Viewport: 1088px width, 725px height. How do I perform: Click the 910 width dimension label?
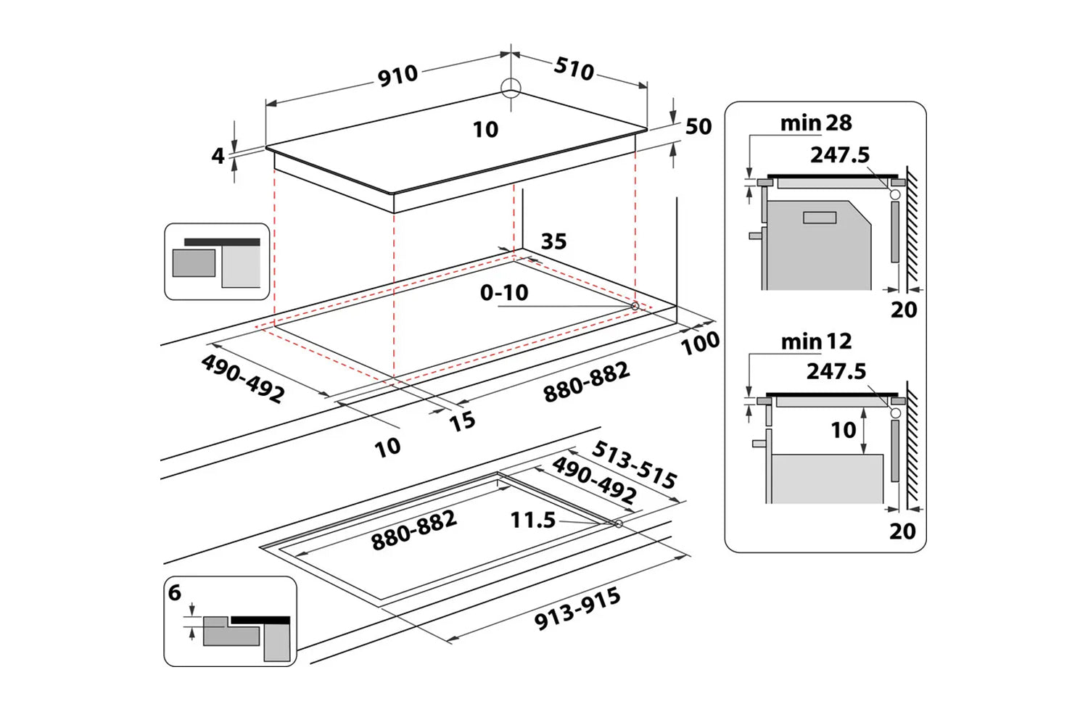(x=397, y=75)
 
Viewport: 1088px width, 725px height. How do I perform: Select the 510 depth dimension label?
(x=574, y=68)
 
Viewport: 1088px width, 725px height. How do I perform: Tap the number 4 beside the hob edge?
(x=218, y=156)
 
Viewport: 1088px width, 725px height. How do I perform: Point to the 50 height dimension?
(x=698, y=127)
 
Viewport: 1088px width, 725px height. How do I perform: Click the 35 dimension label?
(x=553, y=241)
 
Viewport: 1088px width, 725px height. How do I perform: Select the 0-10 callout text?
(x=504, y=293)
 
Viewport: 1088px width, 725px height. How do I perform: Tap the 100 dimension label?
(x=700, y=343)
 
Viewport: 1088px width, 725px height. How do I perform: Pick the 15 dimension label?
(x=462, y=421)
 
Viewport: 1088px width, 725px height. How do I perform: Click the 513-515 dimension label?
(x=635, y=464)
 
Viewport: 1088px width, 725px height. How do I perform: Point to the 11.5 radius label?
(x=532, y=520)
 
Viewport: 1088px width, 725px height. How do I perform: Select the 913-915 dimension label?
(x=577, y=610)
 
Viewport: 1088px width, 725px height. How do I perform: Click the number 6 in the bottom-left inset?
(x=175, y=592)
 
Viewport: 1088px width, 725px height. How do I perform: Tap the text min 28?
(x=816, y=123)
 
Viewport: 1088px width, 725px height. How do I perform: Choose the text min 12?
(x=816, y=341)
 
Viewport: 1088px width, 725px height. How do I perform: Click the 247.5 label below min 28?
(x=839, y=154)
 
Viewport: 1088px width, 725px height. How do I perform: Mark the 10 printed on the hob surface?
(x=485, y=130)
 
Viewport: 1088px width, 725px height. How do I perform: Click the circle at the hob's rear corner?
(x=511, y=88)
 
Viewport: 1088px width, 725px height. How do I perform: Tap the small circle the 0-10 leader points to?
(x=635, y=306)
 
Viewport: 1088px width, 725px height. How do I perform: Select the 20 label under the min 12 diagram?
(x=902, y=531)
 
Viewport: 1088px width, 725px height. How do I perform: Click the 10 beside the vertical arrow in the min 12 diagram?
(x=844, y=431)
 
